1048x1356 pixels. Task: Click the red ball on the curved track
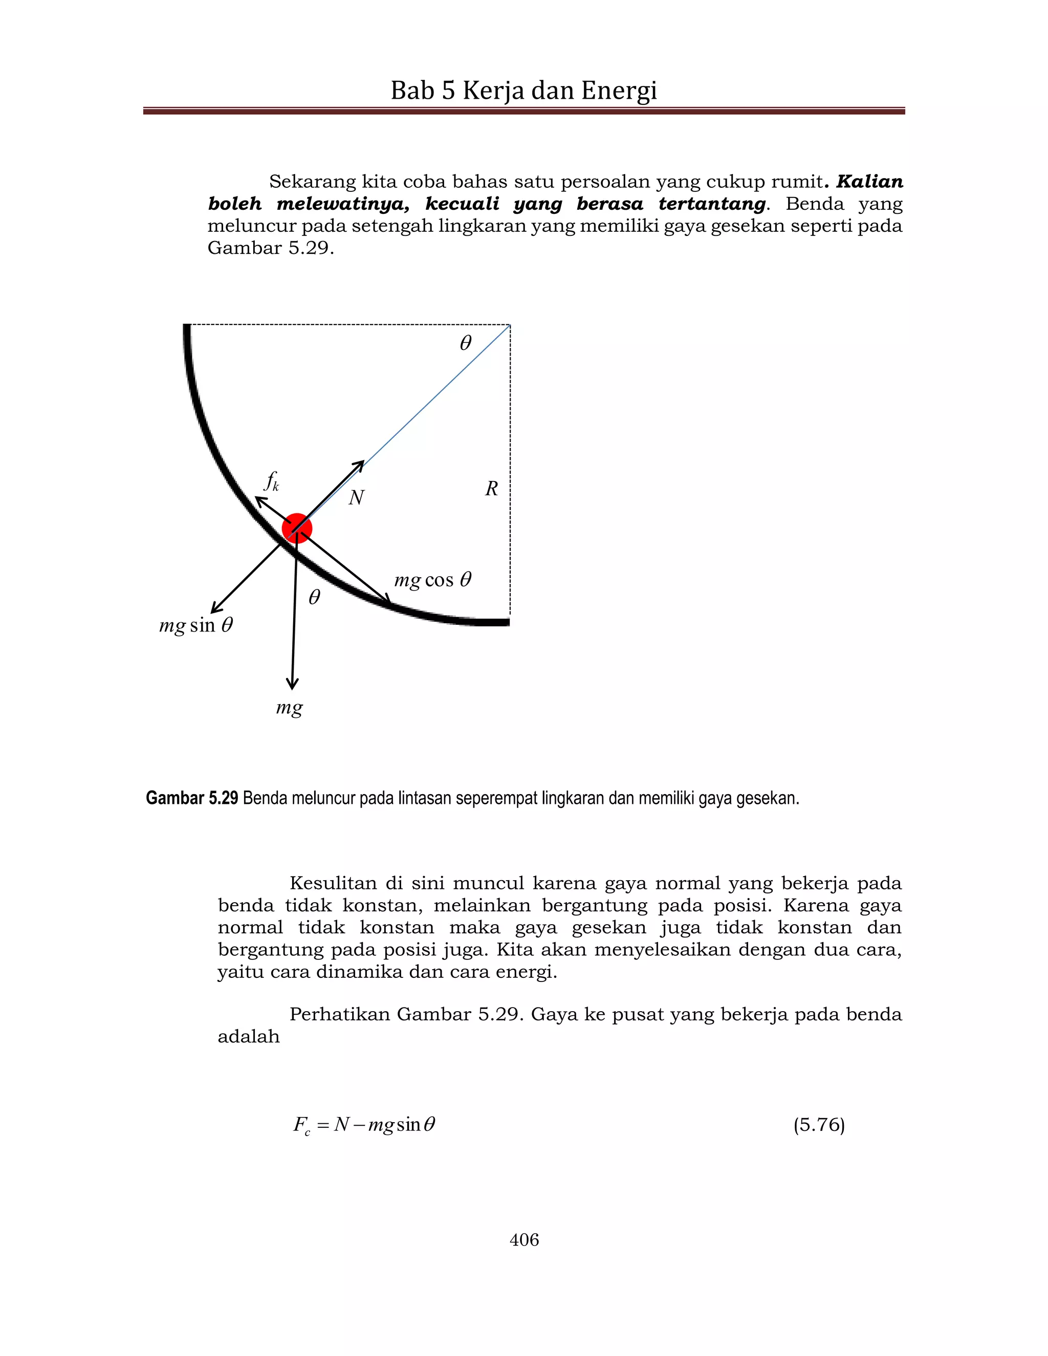click(x=297, y=529)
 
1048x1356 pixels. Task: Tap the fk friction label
click(x=272, y=481)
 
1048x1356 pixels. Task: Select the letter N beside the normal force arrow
click(x=356, y=497)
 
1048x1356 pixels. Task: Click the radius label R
click(x=491, y=489)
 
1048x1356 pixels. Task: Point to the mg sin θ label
click(x=196, y=625)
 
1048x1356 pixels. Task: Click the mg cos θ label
click(x=433, y=580)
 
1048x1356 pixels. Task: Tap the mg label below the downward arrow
click(x=289, y=708)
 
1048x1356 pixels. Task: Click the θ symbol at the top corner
click(x=465, y=343)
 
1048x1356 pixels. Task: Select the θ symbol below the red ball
click(x=314, y=597)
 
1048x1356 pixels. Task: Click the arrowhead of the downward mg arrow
click(x=292, y=685)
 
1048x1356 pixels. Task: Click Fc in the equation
click(x=302, y=1126)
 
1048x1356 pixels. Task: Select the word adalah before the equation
click(x=248, y=1037)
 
